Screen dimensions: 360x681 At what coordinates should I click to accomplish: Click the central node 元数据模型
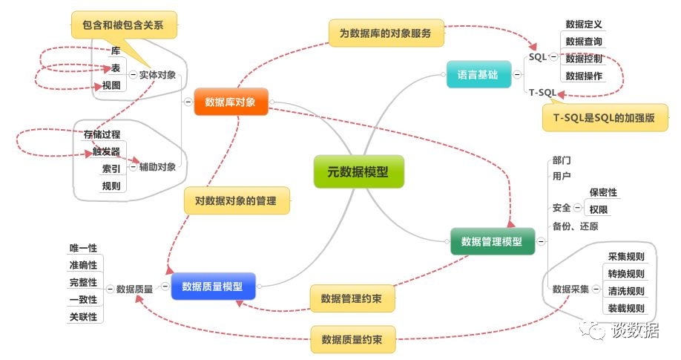point(358,171)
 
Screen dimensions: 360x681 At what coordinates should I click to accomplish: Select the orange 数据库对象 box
point(230,102)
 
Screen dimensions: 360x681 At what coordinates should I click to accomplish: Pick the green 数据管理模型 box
point(492,241)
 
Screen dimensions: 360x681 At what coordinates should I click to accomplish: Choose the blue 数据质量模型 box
point(213,286)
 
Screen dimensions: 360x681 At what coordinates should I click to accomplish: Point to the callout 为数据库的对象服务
point(386,33)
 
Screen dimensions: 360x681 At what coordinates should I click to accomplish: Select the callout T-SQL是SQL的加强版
point(605,117)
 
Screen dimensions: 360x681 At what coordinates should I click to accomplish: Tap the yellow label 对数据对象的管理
point(236,200)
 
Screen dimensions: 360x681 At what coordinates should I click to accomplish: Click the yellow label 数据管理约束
point(352,299)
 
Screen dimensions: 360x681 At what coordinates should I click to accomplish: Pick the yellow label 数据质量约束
point(352,340)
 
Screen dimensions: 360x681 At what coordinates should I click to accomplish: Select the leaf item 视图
point(110,85)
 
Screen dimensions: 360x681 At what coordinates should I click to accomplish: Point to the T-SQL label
point(542,93)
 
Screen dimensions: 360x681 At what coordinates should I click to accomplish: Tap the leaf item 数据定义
point(584,24)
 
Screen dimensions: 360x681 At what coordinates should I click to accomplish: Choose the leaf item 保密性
point(603,192)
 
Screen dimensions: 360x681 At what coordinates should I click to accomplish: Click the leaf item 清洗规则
point(626,290)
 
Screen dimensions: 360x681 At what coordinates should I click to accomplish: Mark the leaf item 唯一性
point(83,248)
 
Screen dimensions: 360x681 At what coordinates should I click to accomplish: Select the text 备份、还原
point(575,226)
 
